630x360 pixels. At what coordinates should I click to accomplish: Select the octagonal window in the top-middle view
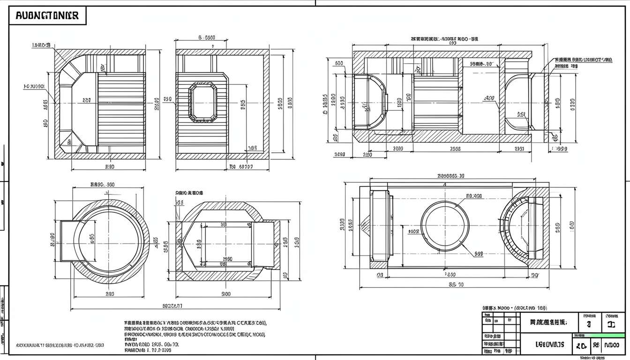202,101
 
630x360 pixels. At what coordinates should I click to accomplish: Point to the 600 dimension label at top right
338,63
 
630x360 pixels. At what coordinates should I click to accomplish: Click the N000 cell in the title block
611,346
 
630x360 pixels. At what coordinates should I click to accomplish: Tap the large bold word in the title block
550,345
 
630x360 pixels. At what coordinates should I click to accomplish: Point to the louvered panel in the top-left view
121,112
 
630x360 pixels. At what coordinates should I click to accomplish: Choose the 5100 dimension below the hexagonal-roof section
225,294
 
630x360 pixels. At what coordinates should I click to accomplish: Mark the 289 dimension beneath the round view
110,294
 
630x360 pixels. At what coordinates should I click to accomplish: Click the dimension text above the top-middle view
206,37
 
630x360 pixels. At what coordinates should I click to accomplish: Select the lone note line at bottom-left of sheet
60,345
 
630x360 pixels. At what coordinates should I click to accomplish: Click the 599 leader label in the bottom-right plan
478,254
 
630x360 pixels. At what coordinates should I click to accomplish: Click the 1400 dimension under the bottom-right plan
450,275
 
